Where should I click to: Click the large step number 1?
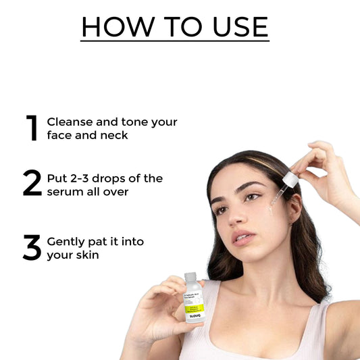(32, 128)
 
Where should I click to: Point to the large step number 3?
(32, 248)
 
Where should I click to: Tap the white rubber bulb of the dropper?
(290, 180)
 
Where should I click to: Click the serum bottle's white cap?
(190, 278)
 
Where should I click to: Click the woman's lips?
(242, 238)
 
